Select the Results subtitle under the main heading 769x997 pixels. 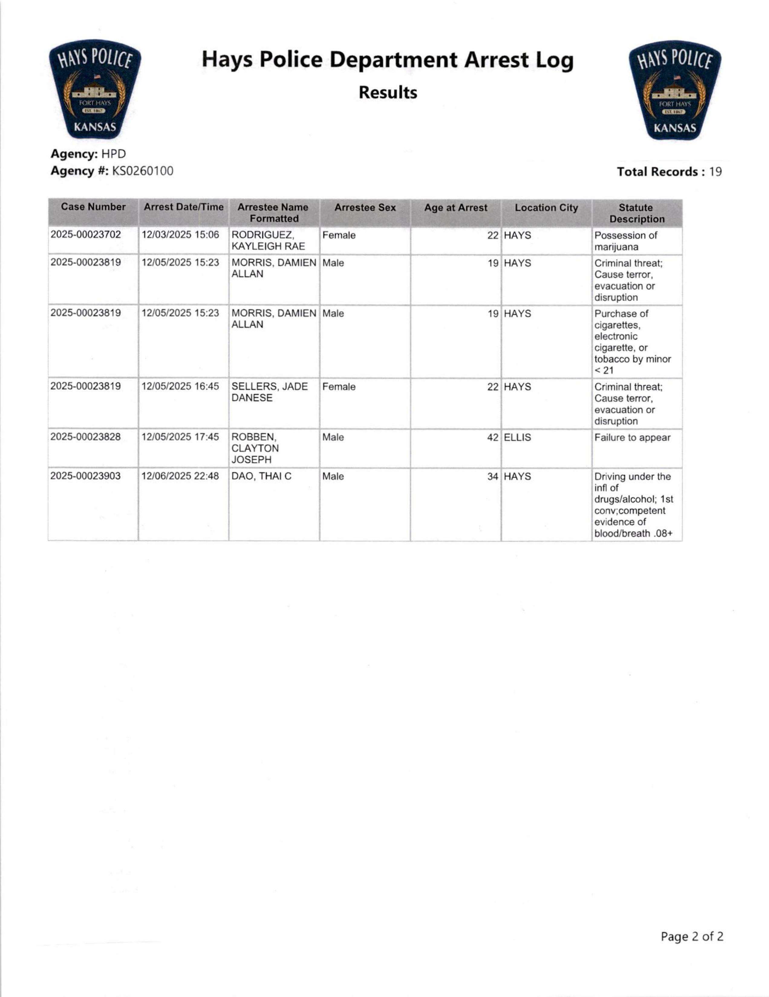[387, 93]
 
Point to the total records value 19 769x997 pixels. [715, 172]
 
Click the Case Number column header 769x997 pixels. [93, 207]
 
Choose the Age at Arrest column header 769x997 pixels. [455, 208]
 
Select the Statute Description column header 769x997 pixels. [637, 213]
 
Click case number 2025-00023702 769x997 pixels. [86, 235]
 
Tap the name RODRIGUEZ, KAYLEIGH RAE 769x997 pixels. [268, 240]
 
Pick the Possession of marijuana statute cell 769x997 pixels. [625, 241]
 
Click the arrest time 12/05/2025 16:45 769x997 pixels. [180, 386]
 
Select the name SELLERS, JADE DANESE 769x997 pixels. [269, 392]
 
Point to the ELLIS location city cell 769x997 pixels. [517, 437]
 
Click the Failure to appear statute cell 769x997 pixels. [632, 438]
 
